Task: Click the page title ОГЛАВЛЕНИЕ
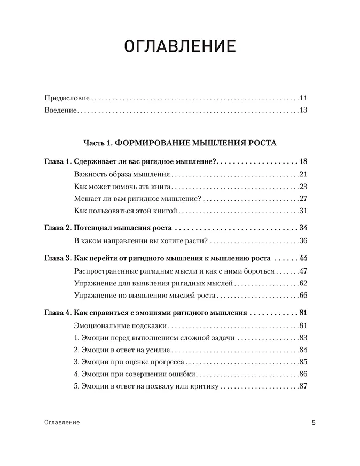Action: pyautogui.click(x=179, y=46)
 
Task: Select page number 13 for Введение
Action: pyautogui.click(x=304, y=111)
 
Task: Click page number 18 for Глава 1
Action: pyautogui.click(x=304, y=161)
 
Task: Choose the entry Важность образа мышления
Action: pyautogui.click(x=122, y=174)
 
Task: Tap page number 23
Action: pyautogui.click(x=304, y=186)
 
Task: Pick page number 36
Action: pyautogui.click(x=304, y=240)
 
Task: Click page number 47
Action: pyautogui.click(x=304, y=271)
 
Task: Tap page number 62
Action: pyautogui.click(x=304, y=283)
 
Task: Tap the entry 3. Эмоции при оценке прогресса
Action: pyautogui.click(x=126, y=362)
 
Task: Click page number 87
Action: pyautogui.click(x=304, y=386)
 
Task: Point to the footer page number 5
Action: pyautogui.click(x=314, y=422)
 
